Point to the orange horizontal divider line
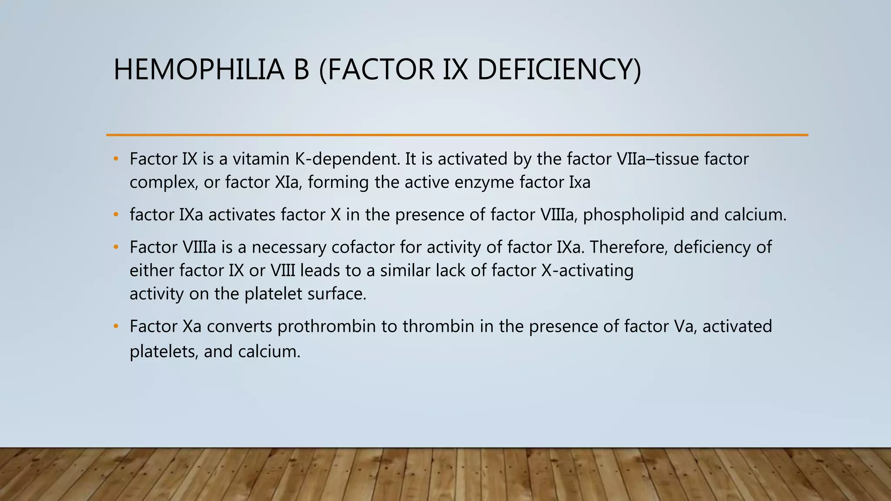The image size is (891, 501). pos(457,135)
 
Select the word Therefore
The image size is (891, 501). pos(628,247)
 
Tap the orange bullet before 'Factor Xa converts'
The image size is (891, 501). pos(116,327)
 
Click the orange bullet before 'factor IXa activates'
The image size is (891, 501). pos(116,215)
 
